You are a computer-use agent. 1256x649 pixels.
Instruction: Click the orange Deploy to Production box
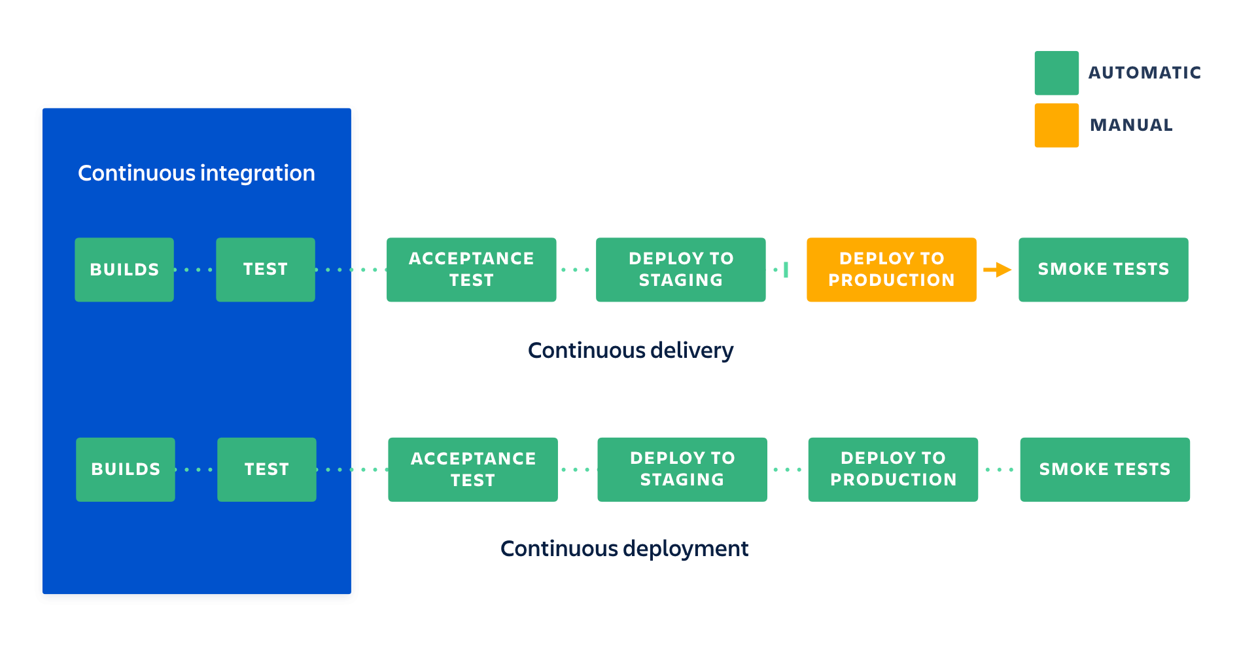(x=891, y=270)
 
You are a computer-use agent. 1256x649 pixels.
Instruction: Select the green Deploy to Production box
(x=893, y=469)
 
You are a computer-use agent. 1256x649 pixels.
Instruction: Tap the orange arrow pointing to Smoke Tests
(x=997, y=270)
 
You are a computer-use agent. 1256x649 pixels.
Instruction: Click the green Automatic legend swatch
(x=1056, y=73)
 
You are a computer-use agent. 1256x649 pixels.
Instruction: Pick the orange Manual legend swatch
(x=1056, y=125)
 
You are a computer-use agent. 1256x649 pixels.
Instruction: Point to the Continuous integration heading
(x=196, y=173)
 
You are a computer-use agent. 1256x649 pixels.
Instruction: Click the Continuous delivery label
(x=630, y=351)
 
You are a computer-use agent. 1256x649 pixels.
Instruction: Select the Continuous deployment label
(x=624, y=548)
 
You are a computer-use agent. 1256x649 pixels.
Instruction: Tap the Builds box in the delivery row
(x=124, y=270)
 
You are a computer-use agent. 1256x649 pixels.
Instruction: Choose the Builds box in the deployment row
(x=126, y=469)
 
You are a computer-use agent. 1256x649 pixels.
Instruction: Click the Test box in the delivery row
(x=266, y=270)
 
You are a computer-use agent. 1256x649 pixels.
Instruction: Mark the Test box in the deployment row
(x=267, y=469)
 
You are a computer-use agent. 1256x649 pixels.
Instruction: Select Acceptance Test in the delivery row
(x=471, y=270)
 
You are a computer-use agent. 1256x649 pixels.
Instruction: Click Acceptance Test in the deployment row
(x=473, y=469)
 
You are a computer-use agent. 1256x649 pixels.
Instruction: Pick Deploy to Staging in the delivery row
(x=680, y=270)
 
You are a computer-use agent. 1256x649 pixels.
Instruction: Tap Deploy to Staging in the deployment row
(x=682, y=469)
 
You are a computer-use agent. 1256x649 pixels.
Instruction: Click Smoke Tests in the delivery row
(x=1103, y=270)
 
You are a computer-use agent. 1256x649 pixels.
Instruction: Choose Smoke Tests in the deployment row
(x=1105, y=469)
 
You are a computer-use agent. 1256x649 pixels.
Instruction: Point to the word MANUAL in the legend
(x=1131, y=125)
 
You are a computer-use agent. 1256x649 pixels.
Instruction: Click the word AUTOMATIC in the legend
(x=1144, y=73)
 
